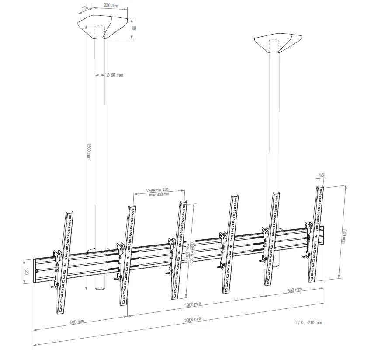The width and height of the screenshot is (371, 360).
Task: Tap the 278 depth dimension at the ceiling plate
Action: point(85,8)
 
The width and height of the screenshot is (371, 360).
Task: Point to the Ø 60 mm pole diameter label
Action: point(115,75)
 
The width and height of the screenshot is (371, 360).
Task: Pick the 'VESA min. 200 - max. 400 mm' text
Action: point(159,192)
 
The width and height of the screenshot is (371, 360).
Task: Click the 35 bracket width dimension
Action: point(322,176)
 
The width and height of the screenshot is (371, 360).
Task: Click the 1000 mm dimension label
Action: point(192,304)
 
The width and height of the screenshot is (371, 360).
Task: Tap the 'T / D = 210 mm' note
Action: point(309,322)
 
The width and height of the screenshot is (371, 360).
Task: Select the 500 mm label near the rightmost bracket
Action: point(295,290)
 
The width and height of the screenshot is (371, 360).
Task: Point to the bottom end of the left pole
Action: point(100,288)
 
